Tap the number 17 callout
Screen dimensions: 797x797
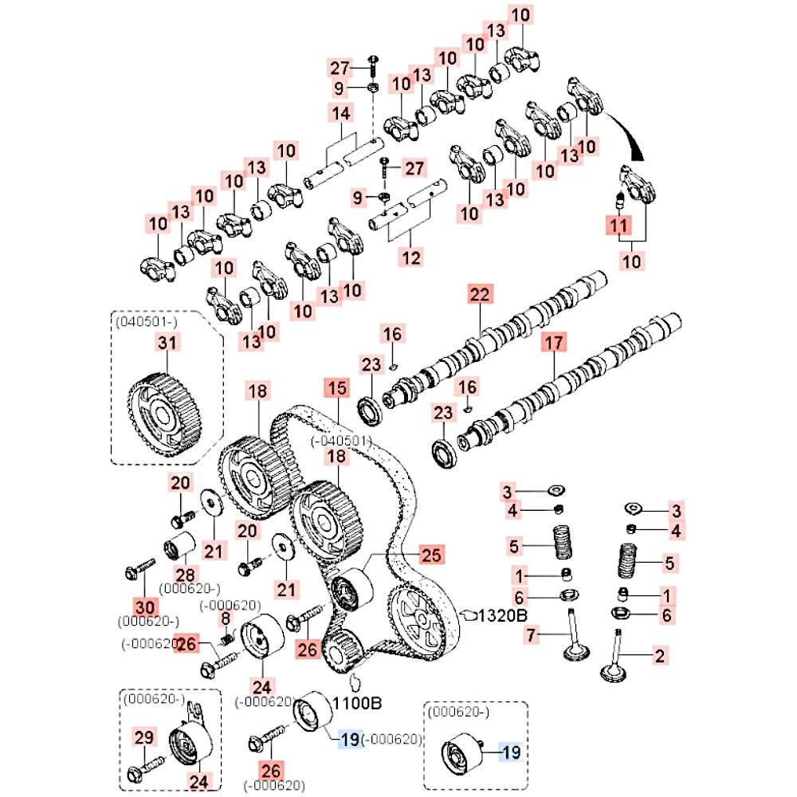[x=553, y=344]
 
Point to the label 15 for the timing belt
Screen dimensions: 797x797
[x=337, y=389]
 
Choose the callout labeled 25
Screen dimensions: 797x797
[x=430, y=555]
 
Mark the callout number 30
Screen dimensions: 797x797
[x=143, y=606]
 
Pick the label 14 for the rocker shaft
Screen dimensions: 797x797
[x=341, y=114]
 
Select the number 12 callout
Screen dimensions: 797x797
[x=411, y=257]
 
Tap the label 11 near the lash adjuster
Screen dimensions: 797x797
[x=619, y=226]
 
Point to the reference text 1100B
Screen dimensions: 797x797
[x=357, y=704]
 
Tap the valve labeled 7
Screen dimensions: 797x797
[x=575, y=638]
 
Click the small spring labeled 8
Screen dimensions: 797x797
[x=226, y=638]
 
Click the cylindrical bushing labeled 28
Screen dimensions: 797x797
[x=179, y=550]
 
